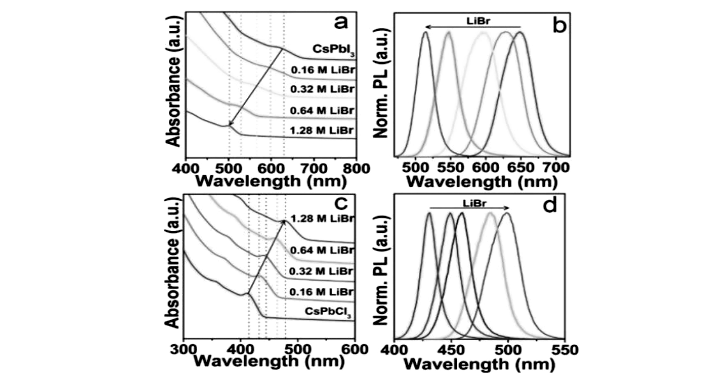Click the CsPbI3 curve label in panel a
pos(333,50)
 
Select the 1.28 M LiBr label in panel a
pos(322,131)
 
